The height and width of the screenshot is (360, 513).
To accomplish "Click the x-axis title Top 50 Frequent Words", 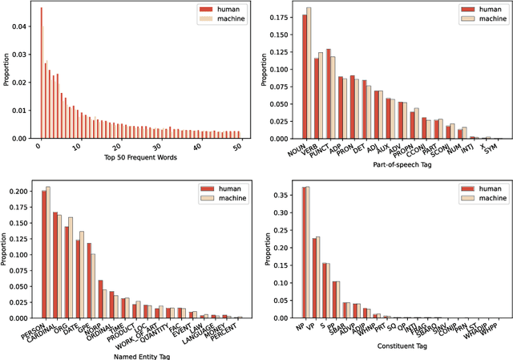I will click(x=140, y=157).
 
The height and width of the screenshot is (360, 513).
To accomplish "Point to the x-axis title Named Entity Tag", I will click(x=140, y=354).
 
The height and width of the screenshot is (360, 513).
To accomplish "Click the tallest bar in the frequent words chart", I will click(x=40, y=72).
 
